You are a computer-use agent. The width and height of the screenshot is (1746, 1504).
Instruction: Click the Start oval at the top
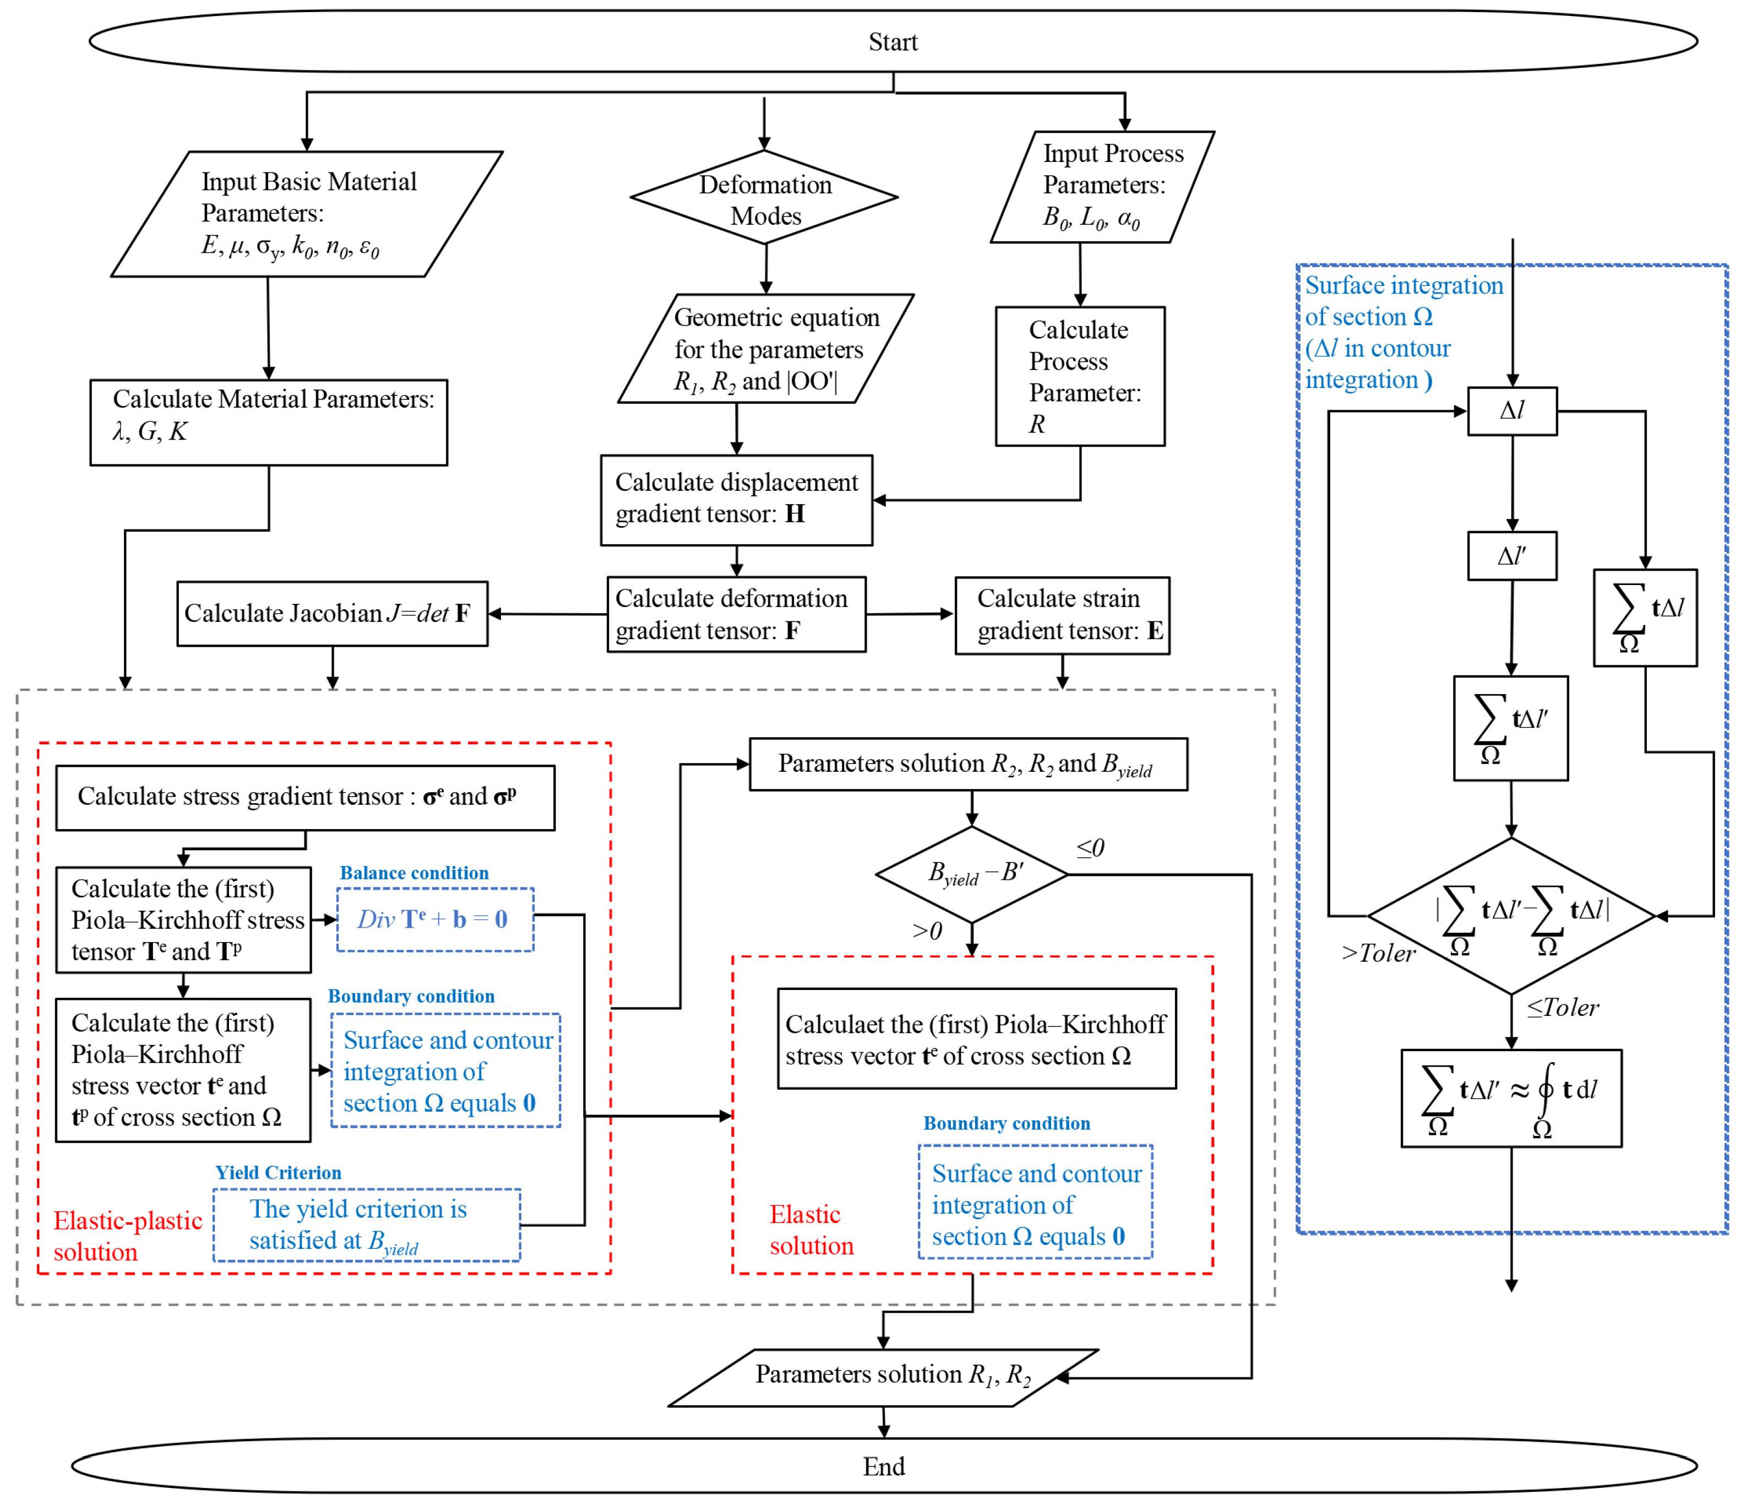(x=893, y=41)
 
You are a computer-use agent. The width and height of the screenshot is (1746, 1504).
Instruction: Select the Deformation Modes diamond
(x=764, y=198)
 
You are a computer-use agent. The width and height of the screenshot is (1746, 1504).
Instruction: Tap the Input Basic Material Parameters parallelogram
(x=307, y=214)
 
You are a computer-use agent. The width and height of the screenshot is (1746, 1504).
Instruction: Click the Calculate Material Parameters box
(x=269, y=423)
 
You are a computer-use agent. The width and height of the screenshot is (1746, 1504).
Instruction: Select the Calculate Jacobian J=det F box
(x=332, y=614)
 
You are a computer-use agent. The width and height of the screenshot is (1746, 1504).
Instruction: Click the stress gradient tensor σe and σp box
(x=305, y=798)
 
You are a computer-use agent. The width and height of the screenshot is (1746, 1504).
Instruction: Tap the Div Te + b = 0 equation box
(x=435, y=920)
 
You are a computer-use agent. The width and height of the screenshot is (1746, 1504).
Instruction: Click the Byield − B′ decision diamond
(x=972, y=874)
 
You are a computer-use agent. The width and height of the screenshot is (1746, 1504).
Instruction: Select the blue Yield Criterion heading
(x=278, y=1173)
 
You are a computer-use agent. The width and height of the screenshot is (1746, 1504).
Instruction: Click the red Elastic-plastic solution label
(x=127, y=1236)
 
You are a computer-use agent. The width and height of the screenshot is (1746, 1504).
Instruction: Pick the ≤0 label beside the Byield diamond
(x=1090, y=848)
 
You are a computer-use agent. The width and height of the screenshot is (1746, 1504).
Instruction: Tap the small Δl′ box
(x=1512, y=555)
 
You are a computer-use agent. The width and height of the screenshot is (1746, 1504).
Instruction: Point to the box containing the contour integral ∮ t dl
(x=1511, y=1097)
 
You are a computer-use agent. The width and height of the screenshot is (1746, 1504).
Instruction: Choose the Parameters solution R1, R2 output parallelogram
(x=883, y=1377)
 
